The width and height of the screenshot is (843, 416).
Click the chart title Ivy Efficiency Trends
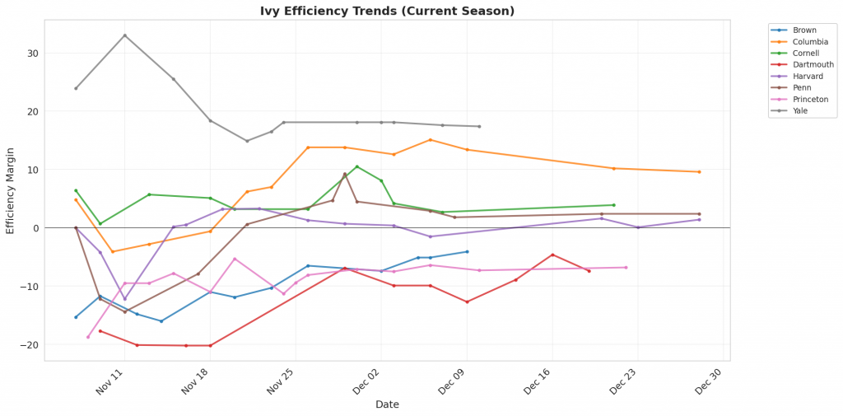[386, 11]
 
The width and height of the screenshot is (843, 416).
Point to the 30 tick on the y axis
[31, 54]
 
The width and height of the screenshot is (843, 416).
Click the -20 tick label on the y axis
[29, 344]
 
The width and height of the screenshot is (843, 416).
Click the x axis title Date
[387, 404]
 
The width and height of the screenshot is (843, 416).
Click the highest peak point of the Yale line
[124, 35]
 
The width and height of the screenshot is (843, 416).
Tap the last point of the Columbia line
[699, 171]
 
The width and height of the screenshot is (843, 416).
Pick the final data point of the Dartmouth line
[589, 271]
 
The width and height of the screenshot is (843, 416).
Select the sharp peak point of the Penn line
[344, 174]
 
